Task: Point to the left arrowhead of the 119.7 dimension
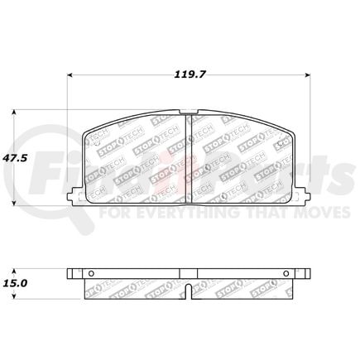70,75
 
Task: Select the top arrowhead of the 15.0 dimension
13,270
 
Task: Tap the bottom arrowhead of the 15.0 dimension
13,295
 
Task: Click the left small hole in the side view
93,275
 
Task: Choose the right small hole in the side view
286,275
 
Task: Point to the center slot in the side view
190,291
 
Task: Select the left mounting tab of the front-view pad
74,197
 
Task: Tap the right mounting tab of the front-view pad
305,197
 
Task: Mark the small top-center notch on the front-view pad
190,113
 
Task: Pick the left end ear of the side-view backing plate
73,275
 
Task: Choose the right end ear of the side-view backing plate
305,275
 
